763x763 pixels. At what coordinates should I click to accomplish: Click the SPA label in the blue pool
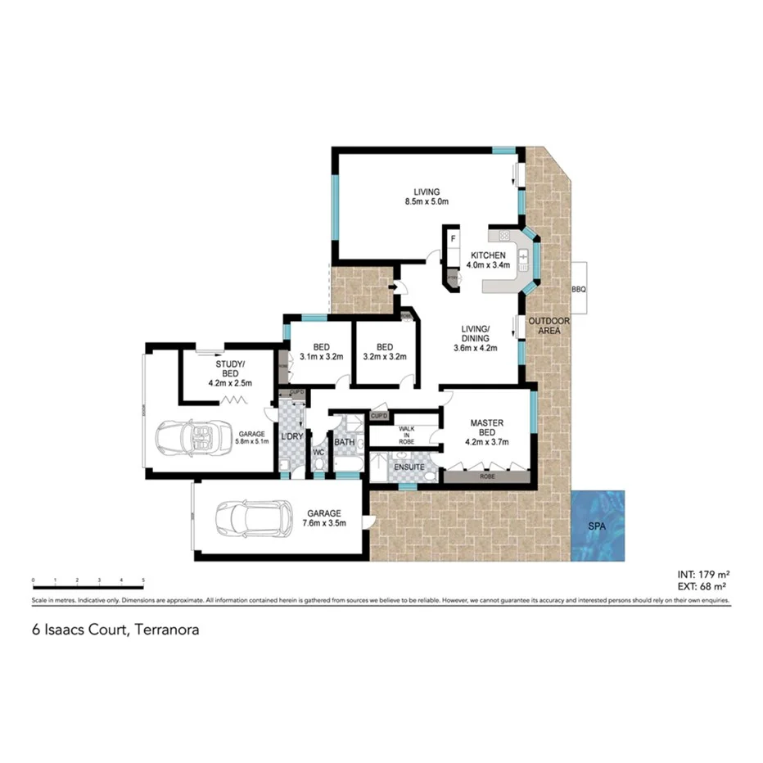coord(598,526)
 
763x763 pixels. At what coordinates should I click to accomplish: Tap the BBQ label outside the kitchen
coord(579,290)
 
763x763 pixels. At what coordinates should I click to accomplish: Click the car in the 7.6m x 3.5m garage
coord(254,517)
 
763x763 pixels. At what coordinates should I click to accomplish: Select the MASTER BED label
coord(487,428)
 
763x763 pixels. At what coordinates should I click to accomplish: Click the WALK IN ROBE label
coord(406,435)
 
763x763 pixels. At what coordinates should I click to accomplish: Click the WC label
coord(318,452)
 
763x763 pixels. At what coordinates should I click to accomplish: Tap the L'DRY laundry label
coord(291,436)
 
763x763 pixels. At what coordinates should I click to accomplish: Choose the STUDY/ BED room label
coord(229,368)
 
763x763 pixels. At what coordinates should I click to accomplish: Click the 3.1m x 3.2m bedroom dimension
coord(320,356)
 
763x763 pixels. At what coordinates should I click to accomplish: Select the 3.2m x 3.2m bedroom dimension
coord(385,356)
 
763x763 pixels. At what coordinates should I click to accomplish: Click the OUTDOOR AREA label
coord(549,326)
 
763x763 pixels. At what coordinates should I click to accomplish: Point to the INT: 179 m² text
coord(703,574)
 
